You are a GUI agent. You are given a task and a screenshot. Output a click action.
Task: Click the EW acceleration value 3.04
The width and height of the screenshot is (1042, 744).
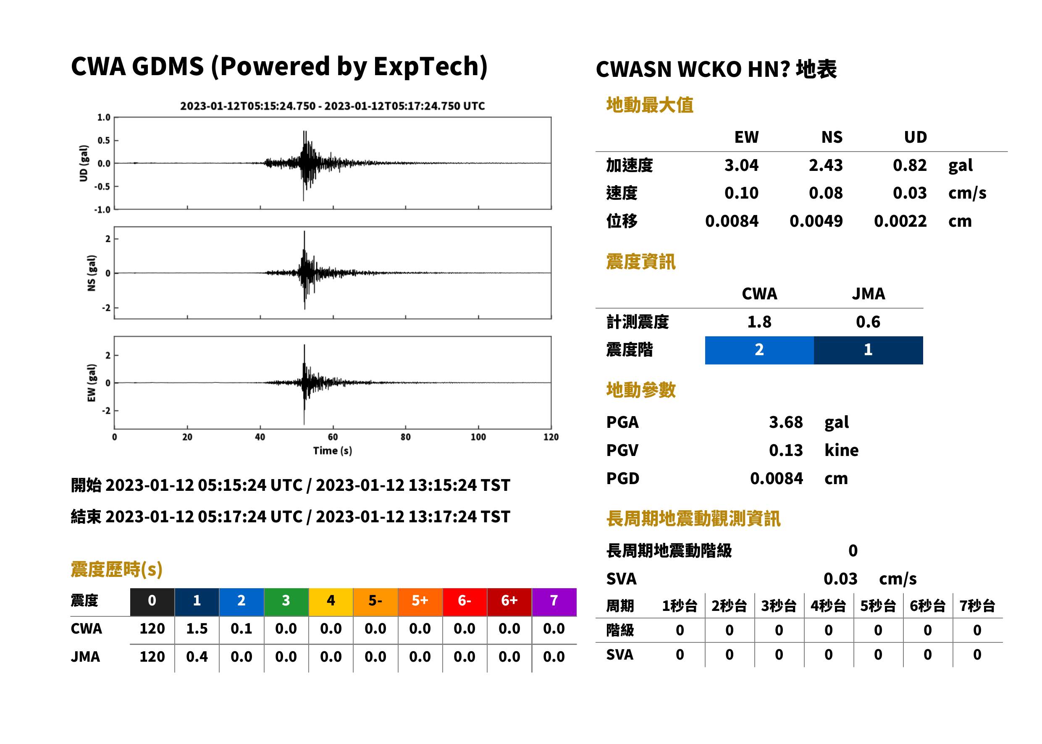(741, 165)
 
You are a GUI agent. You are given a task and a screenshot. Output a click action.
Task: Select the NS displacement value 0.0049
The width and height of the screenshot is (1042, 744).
(816, 221)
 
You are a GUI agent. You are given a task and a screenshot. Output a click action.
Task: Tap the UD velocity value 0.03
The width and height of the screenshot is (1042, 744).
(910, 193)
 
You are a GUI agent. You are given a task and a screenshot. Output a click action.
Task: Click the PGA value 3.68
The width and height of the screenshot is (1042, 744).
(785, 422)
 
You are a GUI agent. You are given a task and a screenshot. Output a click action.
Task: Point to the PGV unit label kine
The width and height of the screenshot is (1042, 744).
(841, 451)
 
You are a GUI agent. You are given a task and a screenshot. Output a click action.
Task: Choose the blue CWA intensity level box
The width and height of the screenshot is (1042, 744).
(759, 350)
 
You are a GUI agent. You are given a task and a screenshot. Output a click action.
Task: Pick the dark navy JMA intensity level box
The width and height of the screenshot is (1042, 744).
(869, 350)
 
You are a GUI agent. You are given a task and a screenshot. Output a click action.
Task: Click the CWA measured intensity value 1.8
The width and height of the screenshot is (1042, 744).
(759, 322)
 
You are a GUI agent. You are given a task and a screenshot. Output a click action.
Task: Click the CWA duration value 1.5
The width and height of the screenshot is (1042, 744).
(197, 629)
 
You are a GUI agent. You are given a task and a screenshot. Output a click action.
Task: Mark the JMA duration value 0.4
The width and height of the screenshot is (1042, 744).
(197, 657)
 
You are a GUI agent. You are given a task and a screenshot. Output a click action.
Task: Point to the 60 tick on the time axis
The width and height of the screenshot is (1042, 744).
(333, 437)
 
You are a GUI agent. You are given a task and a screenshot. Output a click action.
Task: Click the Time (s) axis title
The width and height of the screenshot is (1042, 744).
(333, 451)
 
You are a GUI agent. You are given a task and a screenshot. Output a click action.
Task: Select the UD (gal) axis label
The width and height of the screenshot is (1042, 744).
(84, 164)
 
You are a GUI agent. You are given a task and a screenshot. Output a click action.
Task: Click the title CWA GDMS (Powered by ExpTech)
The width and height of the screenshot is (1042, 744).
(279, 67)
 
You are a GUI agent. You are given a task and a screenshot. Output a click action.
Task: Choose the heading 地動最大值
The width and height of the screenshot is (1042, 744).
(650, 105)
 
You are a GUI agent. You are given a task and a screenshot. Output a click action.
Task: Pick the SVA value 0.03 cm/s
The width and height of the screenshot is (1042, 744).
(870, 579)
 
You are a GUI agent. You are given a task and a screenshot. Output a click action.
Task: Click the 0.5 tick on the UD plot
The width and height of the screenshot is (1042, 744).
(104, 140)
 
